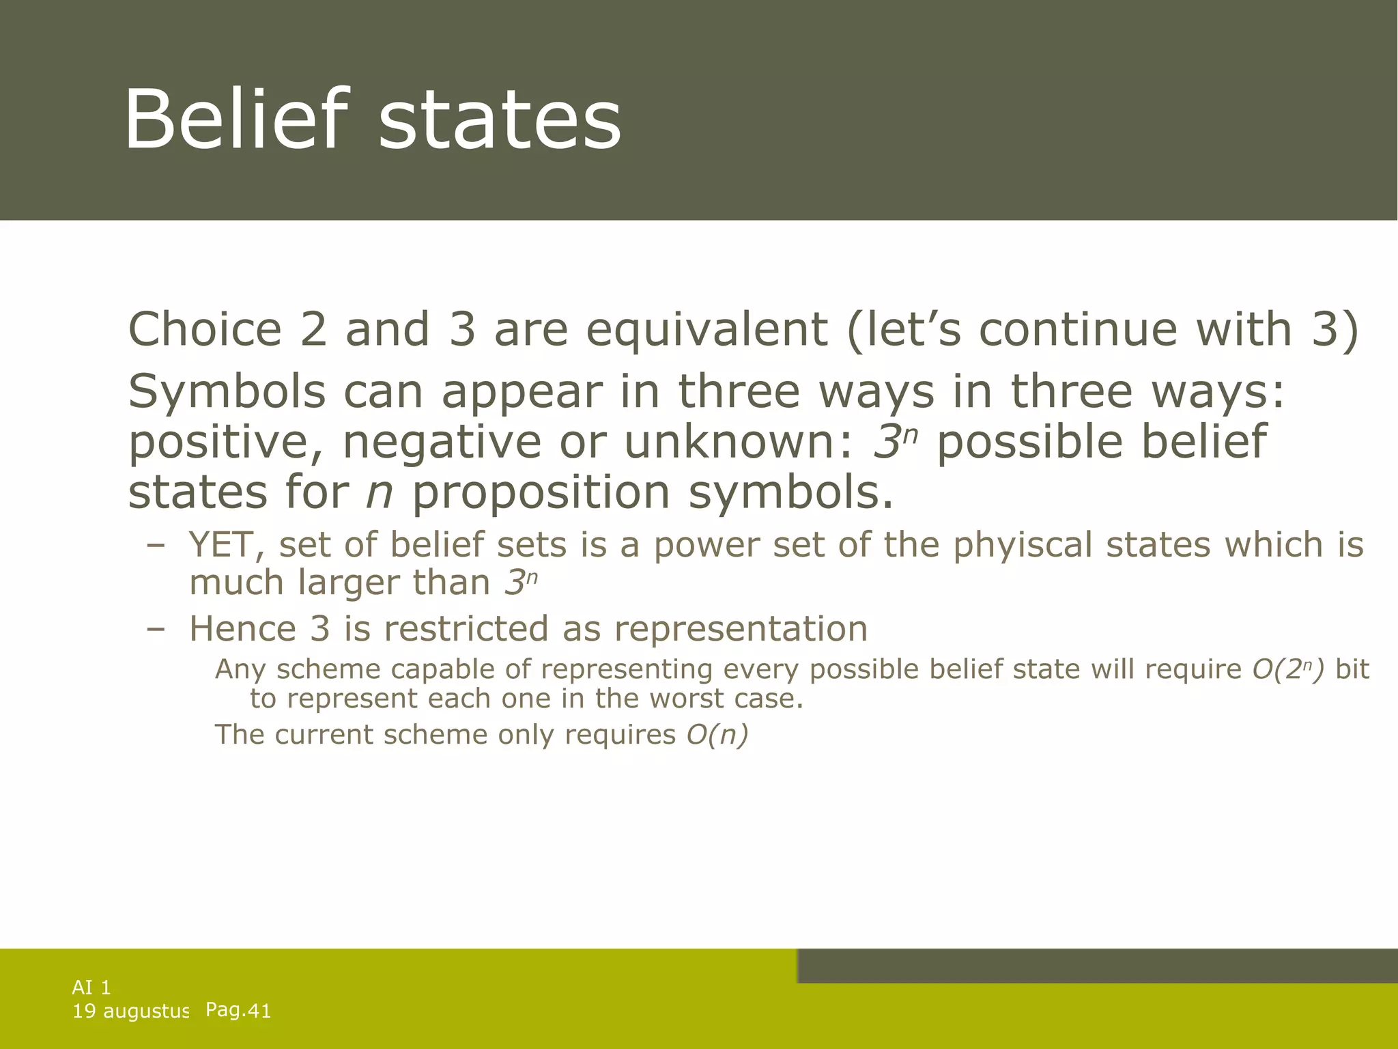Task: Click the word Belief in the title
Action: coord(231,120)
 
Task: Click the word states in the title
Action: coord(499,123)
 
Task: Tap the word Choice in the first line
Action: coord(205,329)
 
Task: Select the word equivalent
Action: coord(707,329)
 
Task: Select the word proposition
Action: coord(541,492)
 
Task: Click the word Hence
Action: coord(242,628)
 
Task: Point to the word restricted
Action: coord(466,628)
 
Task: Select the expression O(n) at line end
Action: coord(717,735)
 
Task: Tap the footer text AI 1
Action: coord(91,987)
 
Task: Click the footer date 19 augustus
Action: coord(130,1011)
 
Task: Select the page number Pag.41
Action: coord(238,1010)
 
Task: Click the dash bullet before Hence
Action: coord(156,629)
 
